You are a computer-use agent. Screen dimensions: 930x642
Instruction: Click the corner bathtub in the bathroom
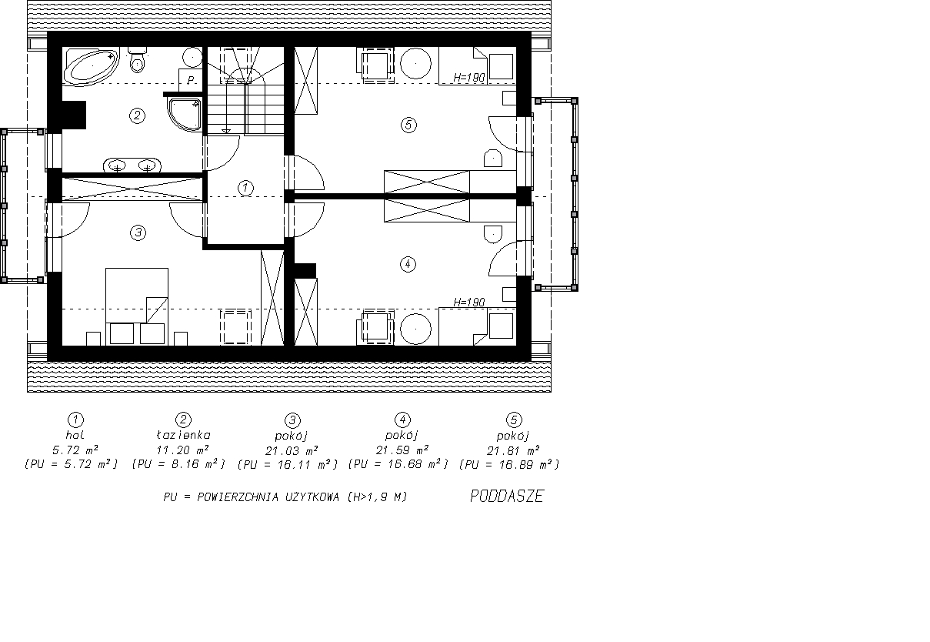pos(92,66)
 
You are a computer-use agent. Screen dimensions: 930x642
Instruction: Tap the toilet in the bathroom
pos(138,60)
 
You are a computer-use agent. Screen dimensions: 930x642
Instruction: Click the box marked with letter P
pos(190,80)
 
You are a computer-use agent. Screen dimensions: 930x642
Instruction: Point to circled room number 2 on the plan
pos(138,115)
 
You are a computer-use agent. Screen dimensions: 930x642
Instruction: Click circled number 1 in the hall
pos(245,188)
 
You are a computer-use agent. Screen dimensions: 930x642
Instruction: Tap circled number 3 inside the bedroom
pos(138,232)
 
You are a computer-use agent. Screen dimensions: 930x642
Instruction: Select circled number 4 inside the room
pos(408,264)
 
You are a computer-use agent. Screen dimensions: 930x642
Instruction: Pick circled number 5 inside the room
pos(408,125)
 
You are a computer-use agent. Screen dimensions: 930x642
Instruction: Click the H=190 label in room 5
pos(469,78)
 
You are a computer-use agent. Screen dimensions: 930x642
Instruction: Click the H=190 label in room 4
pos(469,302)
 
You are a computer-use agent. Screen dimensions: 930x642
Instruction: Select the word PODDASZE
pos(507,497)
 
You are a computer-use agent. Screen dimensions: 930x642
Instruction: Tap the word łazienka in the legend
pos(184,435)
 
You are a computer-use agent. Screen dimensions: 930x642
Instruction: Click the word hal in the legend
pos(75,435)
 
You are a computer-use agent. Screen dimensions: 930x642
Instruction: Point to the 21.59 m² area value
pos(402,450)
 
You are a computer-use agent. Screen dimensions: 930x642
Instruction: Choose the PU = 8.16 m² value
pos(178,464)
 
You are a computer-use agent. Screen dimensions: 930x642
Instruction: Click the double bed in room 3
pos(137,306)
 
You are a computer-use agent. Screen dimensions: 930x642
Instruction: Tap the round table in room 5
pos(415,64)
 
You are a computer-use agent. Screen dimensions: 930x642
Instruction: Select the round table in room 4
pos(415,329)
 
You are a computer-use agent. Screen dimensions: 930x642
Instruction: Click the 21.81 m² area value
pos(513,451)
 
